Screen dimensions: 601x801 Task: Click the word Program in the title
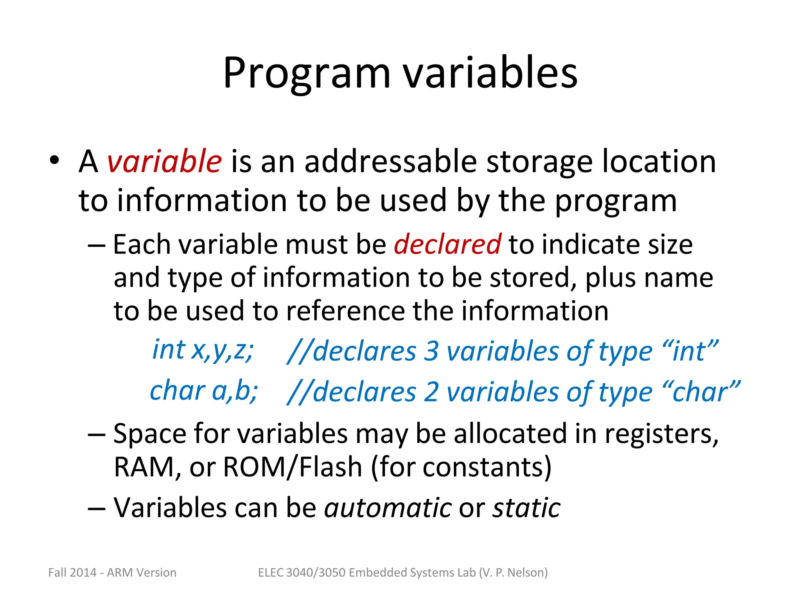pos(307,74)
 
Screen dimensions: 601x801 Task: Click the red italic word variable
pos(164,162)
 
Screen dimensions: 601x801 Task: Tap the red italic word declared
pos(447,245)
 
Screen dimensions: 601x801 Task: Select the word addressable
pos(390,162)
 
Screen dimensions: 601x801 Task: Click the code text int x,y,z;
pos(203,350)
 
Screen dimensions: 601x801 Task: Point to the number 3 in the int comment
pos(431,351)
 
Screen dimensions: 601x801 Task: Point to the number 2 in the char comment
pos(431,392)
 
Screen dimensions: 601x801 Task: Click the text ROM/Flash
pos(293,467)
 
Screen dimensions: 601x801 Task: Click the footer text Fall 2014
pos(72,572)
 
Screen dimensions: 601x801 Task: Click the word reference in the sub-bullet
pos(346,311)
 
